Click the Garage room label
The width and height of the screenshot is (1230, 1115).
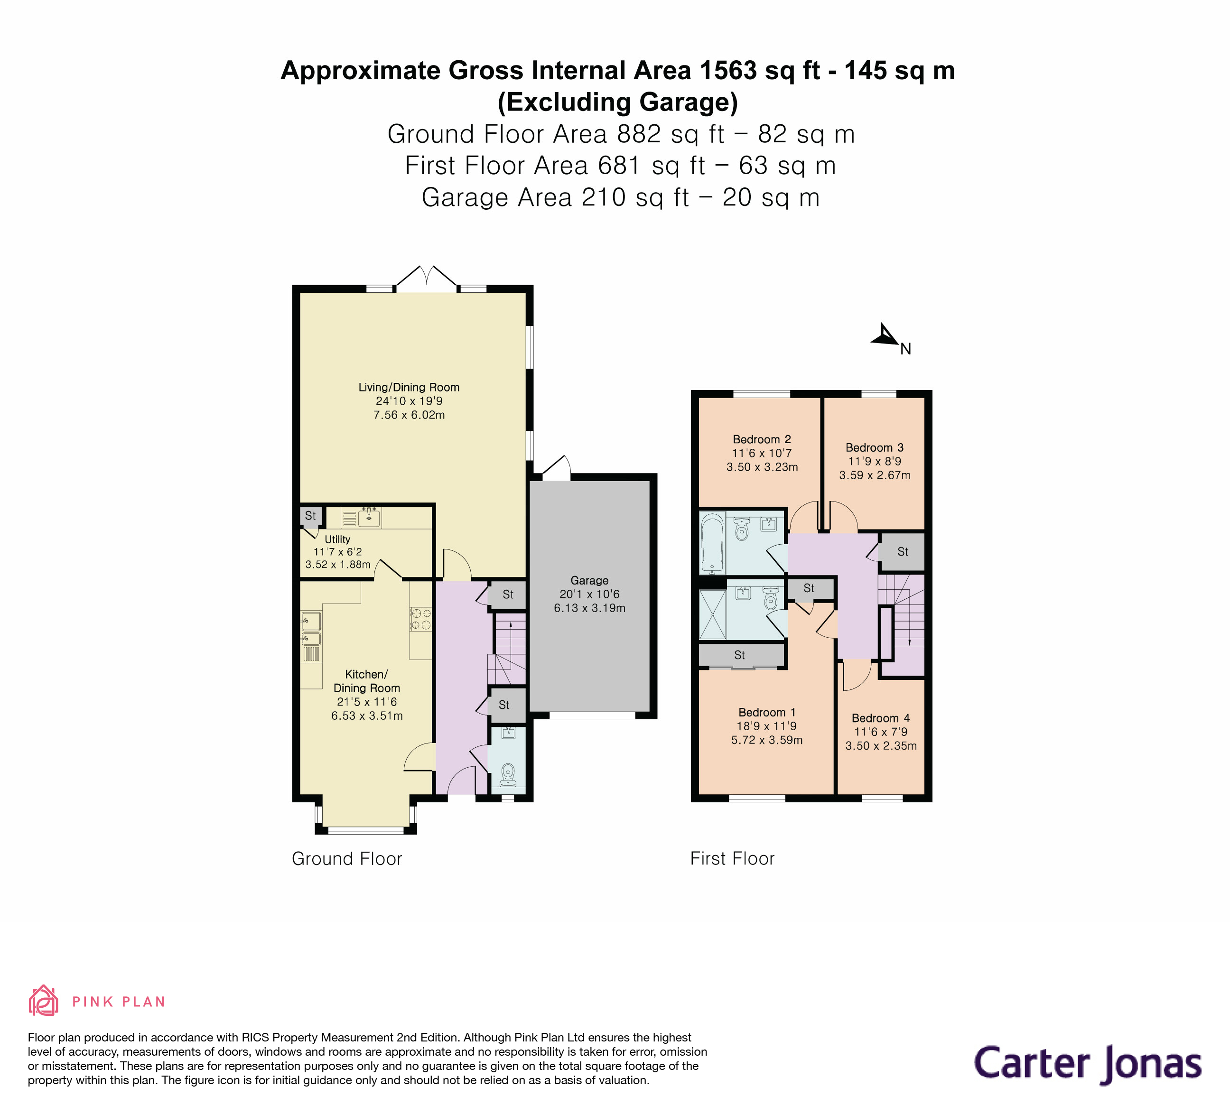click(x=589, y=581)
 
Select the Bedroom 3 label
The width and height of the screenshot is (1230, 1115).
click(x=874, y=448)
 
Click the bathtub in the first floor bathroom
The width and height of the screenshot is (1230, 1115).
click(x=712, y=543)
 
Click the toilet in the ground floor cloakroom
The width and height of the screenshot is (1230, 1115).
click(x=508, y=775)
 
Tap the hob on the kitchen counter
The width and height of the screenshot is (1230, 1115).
click(x=421, y=619)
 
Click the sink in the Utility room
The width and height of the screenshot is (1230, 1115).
click(x=369, y=517)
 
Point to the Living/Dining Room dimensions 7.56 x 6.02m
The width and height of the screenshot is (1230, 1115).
click(x=409, y=415)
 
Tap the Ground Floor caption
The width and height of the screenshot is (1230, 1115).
click(x=346, y=859)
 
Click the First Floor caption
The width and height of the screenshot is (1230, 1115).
click(x=732, y=859)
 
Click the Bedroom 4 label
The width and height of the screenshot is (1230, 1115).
click(x=880, y=718)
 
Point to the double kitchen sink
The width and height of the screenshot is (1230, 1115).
click(x=311, y=630)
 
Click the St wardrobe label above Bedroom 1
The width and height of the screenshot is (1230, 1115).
click(x=739, y=655)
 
